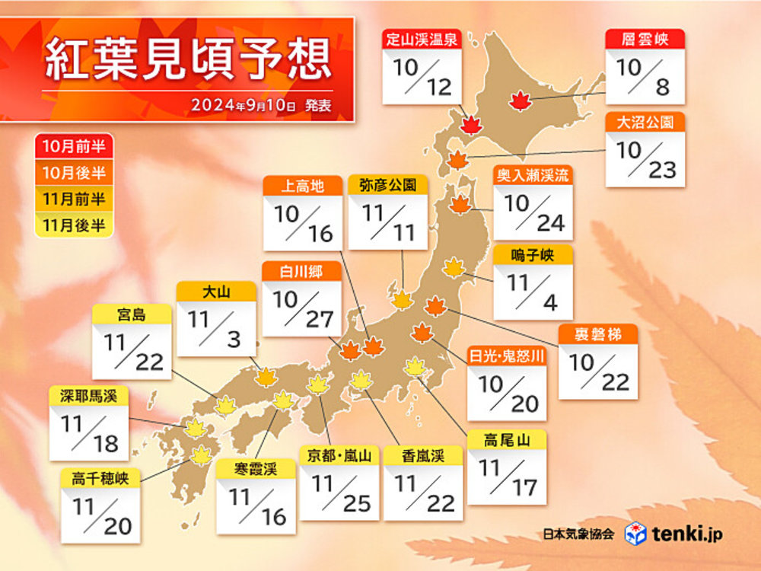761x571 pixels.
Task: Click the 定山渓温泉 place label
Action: pos(421,40)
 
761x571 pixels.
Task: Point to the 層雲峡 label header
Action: pos(644,40)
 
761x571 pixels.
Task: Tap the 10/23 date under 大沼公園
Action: pos(645,160)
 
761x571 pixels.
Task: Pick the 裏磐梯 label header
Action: pos(597,336)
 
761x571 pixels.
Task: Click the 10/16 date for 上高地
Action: pos(303,224)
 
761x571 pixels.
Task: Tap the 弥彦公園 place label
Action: pos(388,186)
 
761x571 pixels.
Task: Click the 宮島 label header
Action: pos(132,314)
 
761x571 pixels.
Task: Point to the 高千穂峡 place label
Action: pos(100,480)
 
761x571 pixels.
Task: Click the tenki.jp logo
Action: pos(673,534)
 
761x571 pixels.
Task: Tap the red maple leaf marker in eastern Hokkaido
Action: pos(521,100)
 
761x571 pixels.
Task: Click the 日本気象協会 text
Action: pos(578,534)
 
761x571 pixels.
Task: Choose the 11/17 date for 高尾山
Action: pos(506,476)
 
